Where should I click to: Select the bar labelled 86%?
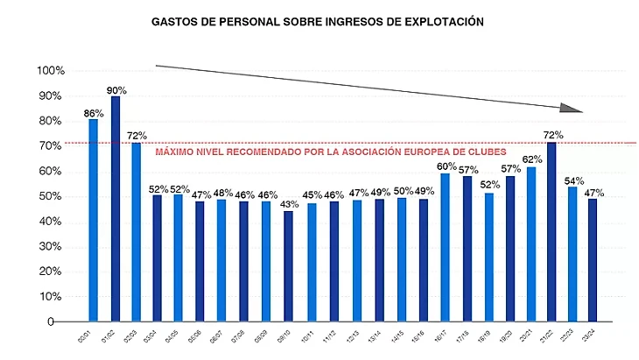click(94, 220)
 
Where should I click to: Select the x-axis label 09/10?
click(284, 334)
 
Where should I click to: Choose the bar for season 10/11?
click(312, 262)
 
